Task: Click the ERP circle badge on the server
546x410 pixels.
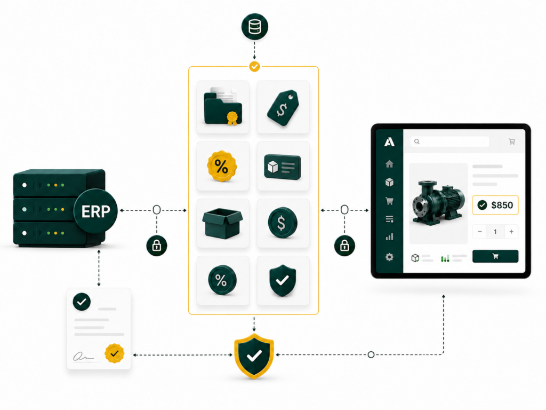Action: point(96,210)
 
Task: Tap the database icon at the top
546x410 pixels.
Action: point(254,27)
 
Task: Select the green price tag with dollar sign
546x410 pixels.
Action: point(283,108)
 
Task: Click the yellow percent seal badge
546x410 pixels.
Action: point(222,166)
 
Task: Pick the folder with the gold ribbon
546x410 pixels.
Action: point(223,106)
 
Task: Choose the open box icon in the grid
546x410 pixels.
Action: point(222,223)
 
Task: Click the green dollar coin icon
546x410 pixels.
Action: point(283,223)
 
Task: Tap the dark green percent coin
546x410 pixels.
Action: point(222,280)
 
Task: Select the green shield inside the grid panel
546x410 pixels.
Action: point(283,280)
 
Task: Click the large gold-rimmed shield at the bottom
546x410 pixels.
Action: point(254,356)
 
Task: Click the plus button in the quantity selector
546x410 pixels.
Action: point(511,232)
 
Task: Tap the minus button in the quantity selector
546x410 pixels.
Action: point(480,232)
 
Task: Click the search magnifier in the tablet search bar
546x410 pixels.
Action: point(417,141)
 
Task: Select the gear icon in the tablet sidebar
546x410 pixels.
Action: point(389,257)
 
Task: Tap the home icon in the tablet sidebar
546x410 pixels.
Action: point(389,164)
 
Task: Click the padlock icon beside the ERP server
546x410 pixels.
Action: point(157,246)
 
